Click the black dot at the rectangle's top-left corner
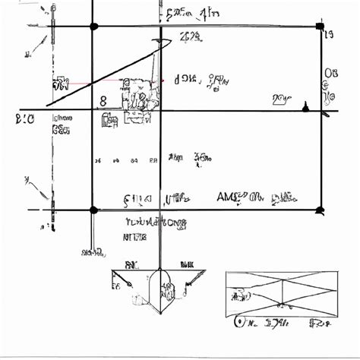(x=94, y=27)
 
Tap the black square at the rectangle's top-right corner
(x=320, y=27)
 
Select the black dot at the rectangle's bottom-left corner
(x=93, y=210)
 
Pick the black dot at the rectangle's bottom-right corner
(x=321, y=210)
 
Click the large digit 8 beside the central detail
(x=103, y=99)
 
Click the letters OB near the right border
(x=331, y=74)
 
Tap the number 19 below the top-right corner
(x=330, y=35)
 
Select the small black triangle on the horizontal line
(x=306, y=106)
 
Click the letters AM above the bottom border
(x=227, y=197)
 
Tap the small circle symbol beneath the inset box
(x=241, y=324)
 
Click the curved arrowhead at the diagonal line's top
(x=162, y=43)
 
